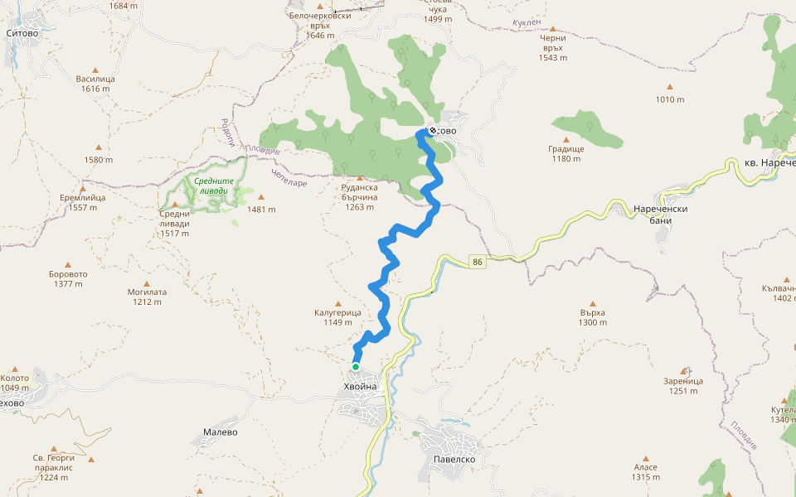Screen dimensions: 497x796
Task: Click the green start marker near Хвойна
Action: coord(356,366)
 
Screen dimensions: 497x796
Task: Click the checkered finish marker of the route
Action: coord(432,131)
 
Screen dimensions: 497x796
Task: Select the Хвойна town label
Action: coord(361,387)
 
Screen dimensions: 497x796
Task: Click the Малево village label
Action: coord(221,432)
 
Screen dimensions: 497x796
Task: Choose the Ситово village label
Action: coord(22,34)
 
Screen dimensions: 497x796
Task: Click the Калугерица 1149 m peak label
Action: coord(337,317)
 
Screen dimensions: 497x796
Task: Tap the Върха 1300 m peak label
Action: coord(593,317)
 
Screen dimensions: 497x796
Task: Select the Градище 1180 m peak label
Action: coord(566,154)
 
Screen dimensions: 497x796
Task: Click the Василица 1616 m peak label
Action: coord(95,84)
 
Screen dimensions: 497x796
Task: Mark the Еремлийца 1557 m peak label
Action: coord(83,203)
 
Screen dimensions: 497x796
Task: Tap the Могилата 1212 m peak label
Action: coord(148,297)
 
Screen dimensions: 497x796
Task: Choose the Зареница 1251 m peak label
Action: coord(683,386)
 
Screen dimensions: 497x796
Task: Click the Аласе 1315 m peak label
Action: coord(645,472)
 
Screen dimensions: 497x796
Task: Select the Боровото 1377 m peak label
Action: coord(69,278)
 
